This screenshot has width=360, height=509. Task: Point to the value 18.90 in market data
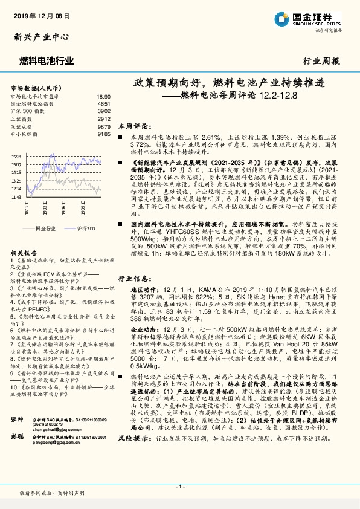coord(103,97)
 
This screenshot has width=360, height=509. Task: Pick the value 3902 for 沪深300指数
coord(104,112)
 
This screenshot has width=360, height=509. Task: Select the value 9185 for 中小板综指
coord(104,134)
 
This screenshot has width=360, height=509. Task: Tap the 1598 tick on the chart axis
coord(16,157)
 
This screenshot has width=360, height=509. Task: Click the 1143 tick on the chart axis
coord(16,196)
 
